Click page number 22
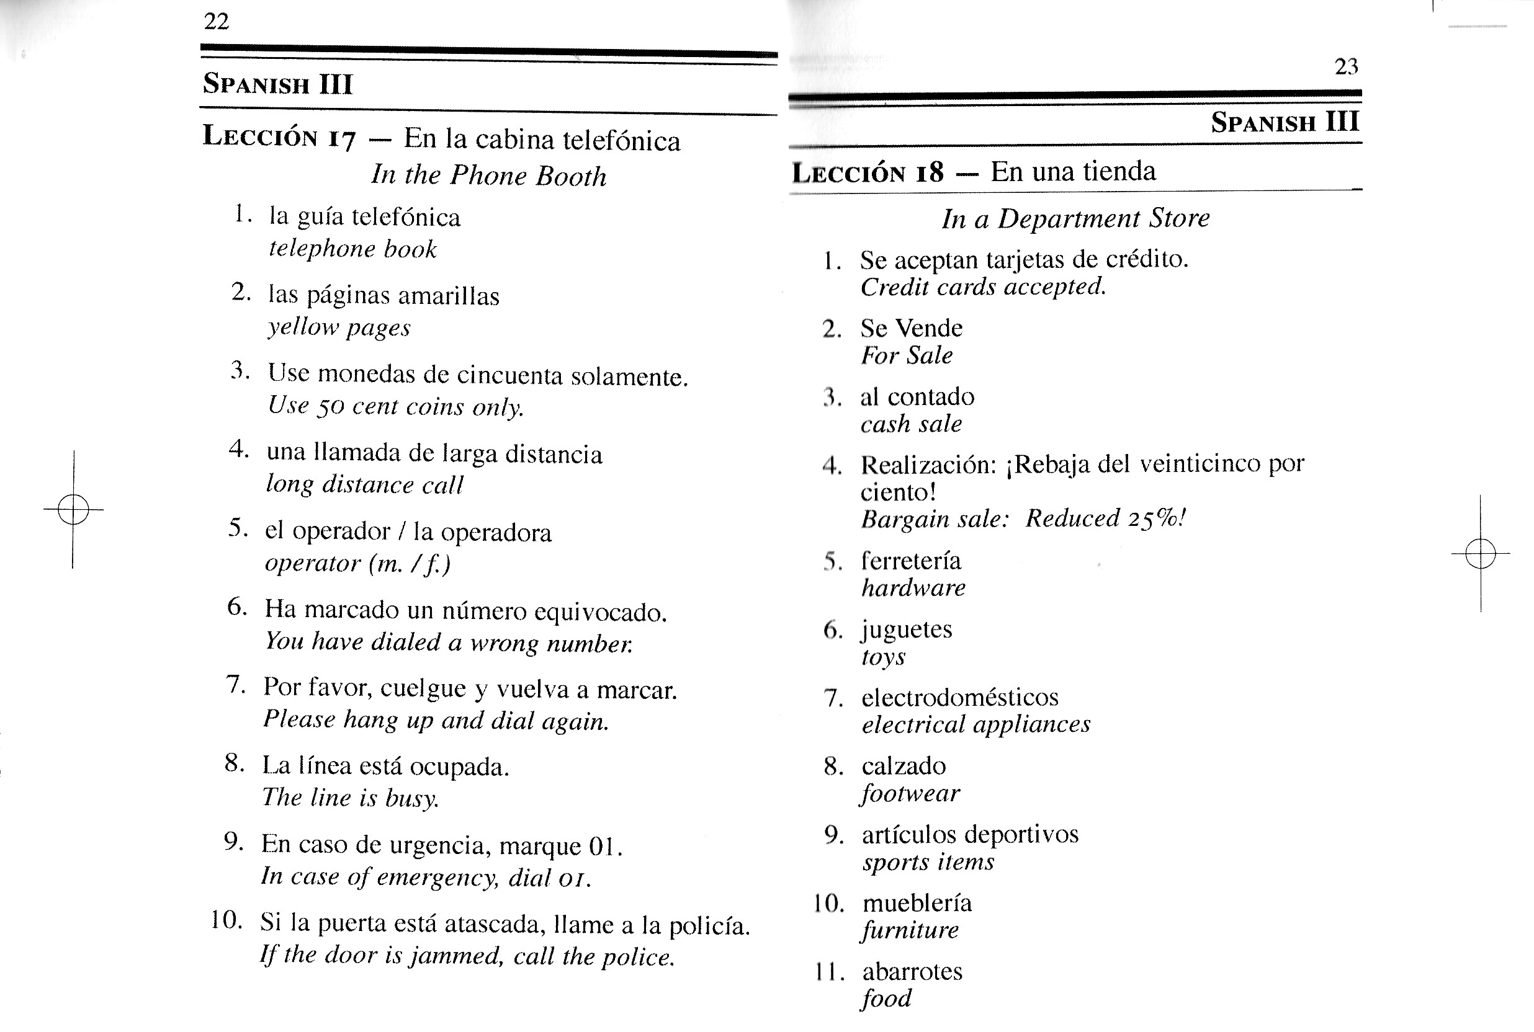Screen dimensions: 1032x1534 (x=217, y=22)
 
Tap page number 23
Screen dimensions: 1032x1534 (x=1347, y=66)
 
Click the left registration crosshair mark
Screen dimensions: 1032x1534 (x=73, y=509)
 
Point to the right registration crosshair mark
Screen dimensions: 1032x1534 (x=1481, y=553)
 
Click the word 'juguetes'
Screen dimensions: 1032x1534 (x=907, y=630)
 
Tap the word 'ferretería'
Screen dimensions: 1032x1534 (x=911, y=561)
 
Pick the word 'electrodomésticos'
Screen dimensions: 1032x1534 (x=960, y=697)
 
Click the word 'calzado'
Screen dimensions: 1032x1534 (x=904, y=766)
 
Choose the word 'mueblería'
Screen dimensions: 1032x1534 (x=917, y=903)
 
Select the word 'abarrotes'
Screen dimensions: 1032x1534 (x=912, y=971)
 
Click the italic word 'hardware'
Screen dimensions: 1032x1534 (x=914, y=588)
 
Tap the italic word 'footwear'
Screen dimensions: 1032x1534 (x=910, y=794)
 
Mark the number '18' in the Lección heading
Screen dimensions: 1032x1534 (x=929, y=173)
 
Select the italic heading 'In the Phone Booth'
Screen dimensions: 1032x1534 (x=488, y=176)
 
